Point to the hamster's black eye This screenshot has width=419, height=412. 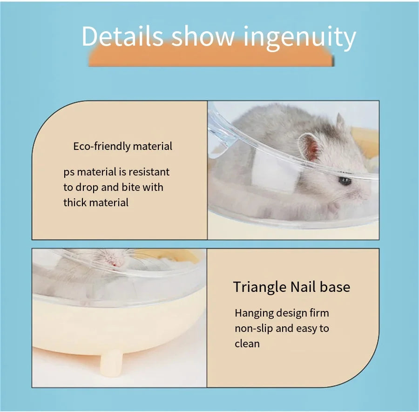click(344, 181)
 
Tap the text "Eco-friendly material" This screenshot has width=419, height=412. click(122, 146)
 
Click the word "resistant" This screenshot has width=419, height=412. click(149, 172)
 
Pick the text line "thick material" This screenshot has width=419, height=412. click(96, 203)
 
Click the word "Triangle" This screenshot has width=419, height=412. click(259, 287)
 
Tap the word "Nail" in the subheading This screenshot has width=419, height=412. click(303, 287)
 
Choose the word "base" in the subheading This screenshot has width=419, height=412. click(335, 287)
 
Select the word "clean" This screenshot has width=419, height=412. click(247, 344)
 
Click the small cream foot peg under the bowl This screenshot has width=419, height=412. click(111, 362)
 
